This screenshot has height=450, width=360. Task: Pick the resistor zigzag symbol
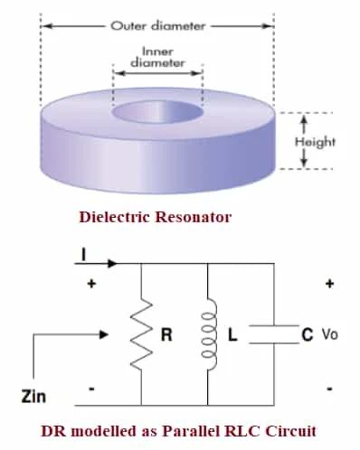(x=142, y=334)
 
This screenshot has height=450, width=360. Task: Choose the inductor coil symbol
(x=209, y=334)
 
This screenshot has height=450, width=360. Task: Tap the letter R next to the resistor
(x=166, y=335)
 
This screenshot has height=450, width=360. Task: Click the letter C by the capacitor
(x=307, y=335)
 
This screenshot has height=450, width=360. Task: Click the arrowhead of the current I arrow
(x=112, y=264)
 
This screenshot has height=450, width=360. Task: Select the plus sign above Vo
(x=329, y=284)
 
